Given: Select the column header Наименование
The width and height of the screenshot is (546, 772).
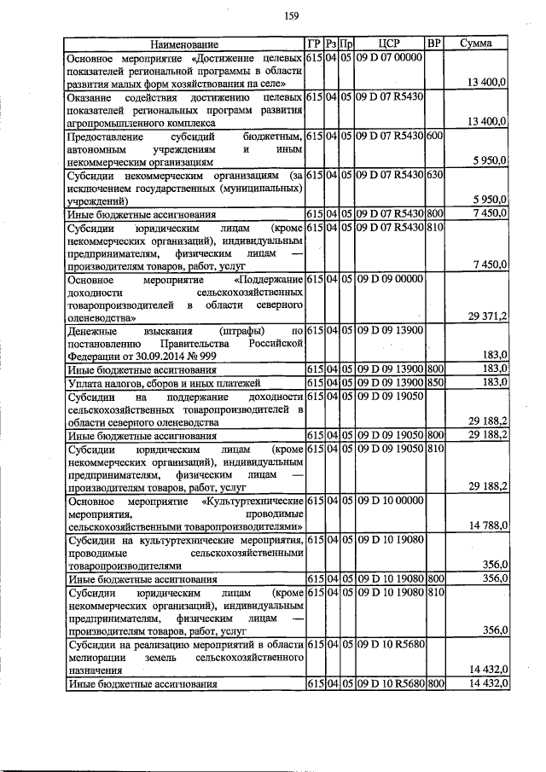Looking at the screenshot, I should [x=184, y=44].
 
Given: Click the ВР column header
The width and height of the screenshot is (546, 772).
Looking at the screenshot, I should [x=434, y=43].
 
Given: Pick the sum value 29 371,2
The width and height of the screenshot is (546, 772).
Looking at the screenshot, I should [x=488, y=316].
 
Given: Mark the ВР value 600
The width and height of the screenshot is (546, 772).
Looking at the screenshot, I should [x=434, y=136].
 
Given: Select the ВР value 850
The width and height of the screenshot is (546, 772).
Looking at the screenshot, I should [x=434, y=382].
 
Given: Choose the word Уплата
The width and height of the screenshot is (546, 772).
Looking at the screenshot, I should [x=86, y=382].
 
